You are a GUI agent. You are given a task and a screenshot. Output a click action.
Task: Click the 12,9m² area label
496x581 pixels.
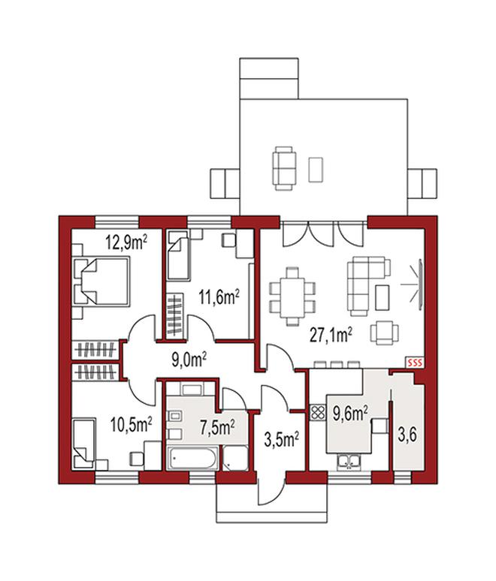coord(126,242)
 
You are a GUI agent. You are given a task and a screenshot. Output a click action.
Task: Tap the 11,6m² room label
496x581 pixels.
coord(219,297)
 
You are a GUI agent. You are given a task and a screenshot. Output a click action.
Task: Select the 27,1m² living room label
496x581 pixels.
coord(331,336)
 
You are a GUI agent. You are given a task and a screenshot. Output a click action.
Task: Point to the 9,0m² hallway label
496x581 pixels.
coord(189,360)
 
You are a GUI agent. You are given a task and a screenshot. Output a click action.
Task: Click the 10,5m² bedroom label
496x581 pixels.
coord(132,424)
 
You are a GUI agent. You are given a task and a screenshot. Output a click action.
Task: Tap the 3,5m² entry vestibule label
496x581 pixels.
coord(282,439)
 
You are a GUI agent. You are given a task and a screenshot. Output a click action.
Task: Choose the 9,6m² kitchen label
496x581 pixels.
coord(350,414)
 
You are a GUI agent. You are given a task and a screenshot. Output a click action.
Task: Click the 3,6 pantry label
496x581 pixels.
coord(407,435)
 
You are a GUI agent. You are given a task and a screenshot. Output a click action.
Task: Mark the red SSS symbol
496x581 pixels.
coord(415,363)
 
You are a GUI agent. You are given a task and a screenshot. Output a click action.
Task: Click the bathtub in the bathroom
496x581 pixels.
coord(192,459)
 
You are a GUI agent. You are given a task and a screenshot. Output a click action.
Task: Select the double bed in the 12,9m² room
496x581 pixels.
coord(102,281)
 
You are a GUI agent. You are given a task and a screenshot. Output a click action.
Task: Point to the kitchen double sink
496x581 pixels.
coord(348,462)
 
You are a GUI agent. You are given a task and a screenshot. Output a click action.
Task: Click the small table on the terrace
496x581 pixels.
coord(316,170)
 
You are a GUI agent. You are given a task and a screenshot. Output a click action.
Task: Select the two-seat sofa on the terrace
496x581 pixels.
coord(284,168)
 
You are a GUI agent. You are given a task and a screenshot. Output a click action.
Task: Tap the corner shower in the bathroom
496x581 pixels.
coord(235,459)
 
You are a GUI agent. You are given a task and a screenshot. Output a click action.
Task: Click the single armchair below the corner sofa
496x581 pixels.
coord(385,332)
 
